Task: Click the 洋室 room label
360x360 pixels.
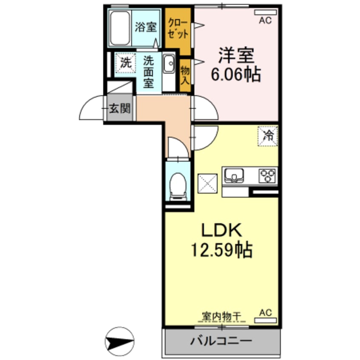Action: coord(236,55)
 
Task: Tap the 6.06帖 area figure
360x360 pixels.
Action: coord(236,75)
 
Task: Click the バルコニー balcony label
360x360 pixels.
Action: coord(221,341)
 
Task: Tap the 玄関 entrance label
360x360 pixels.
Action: coord(120,109)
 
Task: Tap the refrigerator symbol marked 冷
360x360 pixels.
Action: coord(268,136)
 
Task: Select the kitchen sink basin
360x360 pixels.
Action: coord(233,175)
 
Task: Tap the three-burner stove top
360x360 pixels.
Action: coord(268,175)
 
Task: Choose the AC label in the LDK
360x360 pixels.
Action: coord(266,312)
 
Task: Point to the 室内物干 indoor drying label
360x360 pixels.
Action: coord(221,316)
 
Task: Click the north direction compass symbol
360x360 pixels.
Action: coord(120,340)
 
